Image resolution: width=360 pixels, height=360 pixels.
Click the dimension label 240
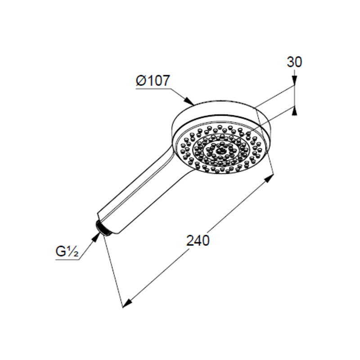[x=198, y=240]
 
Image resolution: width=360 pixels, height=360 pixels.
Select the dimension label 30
[x=294, y=62]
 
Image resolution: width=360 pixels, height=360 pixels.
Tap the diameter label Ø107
[x=153, y=81]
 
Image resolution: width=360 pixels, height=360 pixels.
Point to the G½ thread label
[x=67, y=251]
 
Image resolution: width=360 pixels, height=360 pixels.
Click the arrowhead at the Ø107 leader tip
[x=189, y=101]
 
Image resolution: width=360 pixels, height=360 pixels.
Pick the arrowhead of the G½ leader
[x=96, y=237]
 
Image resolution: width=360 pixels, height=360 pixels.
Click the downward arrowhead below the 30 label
[x=295, y=81]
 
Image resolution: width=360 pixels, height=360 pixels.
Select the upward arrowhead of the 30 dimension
[x=295, y=111]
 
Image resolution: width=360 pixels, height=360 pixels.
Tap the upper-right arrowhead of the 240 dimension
[x=269, y=178]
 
